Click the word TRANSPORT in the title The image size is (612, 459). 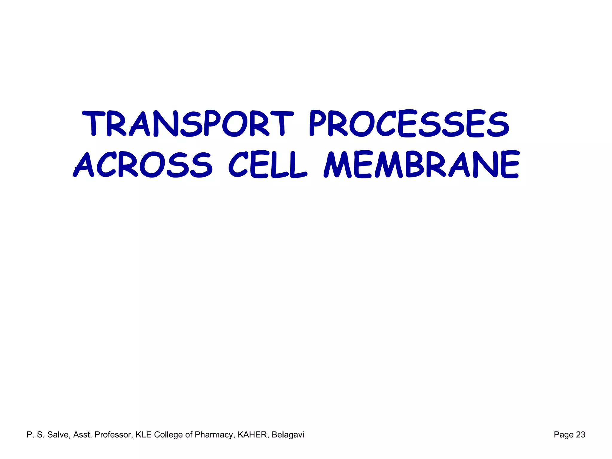click(188, 123)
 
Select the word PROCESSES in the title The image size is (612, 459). click(409, 123)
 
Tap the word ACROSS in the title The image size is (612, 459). click(143, 165)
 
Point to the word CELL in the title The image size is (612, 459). click(267, 165)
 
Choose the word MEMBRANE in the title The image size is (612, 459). click(421, 165)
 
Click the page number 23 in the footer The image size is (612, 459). click(580, 434)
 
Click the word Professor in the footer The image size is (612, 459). click(113, 434)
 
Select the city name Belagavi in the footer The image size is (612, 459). click(288, 435)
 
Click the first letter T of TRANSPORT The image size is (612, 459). click(93, 123)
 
